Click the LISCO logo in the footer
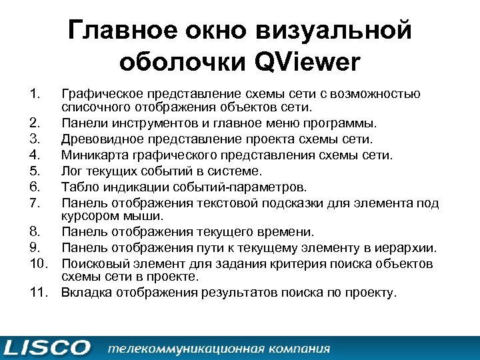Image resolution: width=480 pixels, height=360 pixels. pos(47,347)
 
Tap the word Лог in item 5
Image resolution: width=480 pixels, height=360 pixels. pos(71,170)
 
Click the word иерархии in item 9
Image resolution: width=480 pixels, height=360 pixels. pos(411,248)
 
